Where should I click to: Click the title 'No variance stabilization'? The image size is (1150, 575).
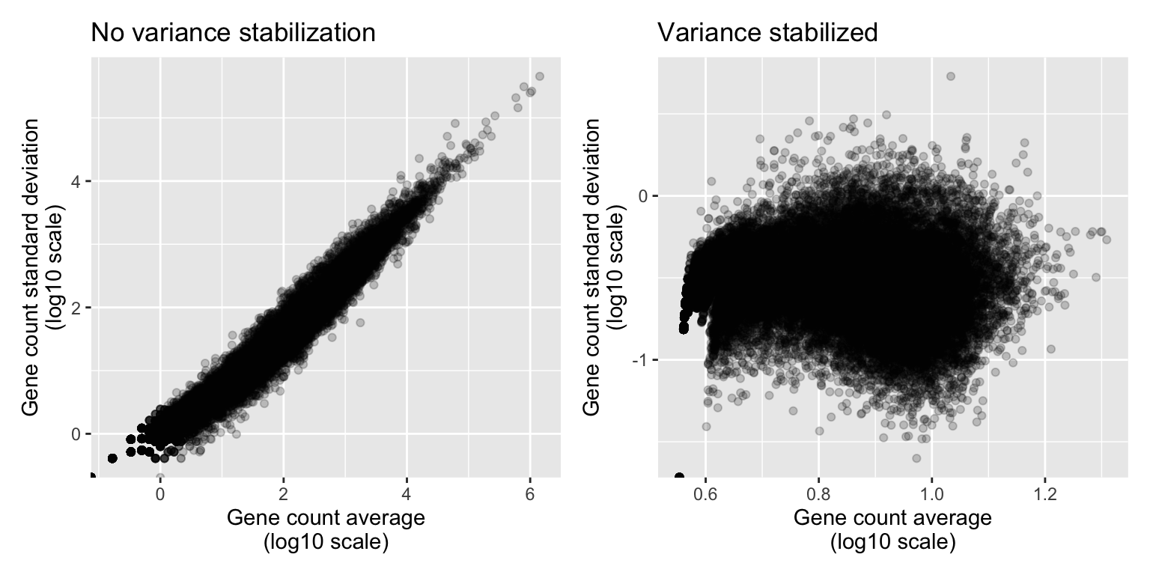point(232,33)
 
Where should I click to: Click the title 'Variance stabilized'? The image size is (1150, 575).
point(767,33)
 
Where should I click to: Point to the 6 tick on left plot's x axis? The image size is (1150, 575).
point(529,494)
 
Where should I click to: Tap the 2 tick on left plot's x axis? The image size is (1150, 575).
point(283,494)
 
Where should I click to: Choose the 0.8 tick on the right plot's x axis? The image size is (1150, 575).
point(818,494)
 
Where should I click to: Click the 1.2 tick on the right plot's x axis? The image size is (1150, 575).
point(1044,494)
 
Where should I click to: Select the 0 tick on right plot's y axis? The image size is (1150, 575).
point(641,196)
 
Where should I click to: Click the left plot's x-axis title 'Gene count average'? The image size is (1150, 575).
point(326,518)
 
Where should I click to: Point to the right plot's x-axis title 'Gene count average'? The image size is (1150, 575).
point(892,518)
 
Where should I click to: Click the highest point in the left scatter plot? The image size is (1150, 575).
point(539,76)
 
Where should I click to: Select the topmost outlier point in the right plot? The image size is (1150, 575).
point(951,76)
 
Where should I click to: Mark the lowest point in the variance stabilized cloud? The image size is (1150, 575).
point(916,457)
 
